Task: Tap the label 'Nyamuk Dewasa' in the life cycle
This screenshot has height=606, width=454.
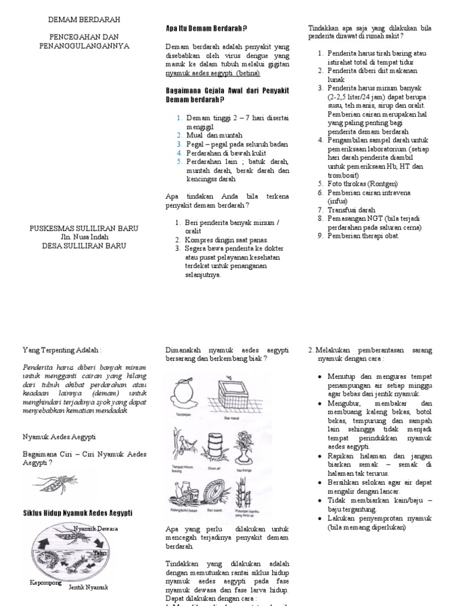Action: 96,528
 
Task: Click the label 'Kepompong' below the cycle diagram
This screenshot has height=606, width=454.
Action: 46,582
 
